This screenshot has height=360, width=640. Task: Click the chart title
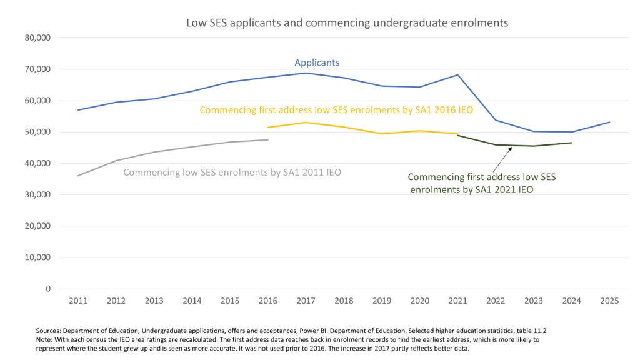coord(347,22)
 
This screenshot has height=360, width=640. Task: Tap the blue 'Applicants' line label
coord(317,62)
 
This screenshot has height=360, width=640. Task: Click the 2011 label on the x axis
coord(78,301)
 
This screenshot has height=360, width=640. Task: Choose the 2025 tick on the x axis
coord(609,301)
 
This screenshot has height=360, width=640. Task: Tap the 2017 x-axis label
coord(306,301)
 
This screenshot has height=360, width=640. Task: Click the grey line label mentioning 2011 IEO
coord(232,172)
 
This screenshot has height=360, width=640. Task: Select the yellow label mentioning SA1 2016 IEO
coord(336,110)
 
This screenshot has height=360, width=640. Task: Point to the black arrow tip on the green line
coord(511,147)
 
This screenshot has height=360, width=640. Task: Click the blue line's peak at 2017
coord(306,73)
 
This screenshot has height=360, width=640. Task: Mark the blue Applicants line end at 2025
coord(609,122)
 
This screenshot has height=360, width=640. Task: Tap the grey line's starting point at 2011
coord(78,176)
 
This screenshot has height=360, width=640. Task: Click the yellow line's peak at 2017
coord(306,122)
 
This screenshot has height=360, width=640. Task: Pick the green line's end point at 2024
coord(571,143)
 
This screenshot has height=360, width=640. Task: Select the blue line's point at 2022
coord(496,120)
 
